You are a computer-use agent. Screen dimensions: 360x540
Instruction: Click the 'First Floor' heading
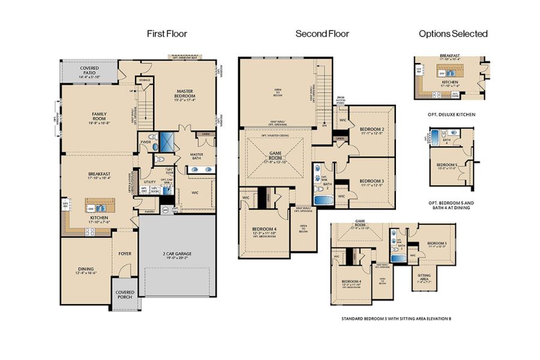point(167,34)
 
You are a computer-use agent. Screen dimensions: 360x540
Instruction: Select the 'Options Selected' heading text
point(453,34)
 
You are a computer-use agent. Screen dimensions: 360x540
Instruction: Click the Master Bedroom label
point(185,93)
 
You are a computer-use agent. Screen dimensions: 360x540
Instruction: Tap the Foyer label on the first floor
point(125,254)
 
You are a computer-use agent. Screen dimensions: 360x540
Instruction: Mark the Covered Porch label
point(125,295)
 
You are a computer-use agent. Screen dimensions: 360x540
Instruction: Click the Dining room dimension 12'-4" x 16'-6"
point(86,273)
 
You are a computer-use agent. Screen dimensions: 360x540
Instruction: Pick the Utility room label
point(150,181)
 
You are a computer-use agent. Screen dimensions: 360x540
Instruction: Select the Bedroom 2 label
point(371,129)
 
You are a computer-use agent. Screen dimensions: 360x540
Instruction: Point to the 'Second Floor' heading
point(322,34)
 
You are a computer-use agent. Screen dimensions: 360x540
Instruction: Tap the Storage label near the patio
point(145,80)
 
